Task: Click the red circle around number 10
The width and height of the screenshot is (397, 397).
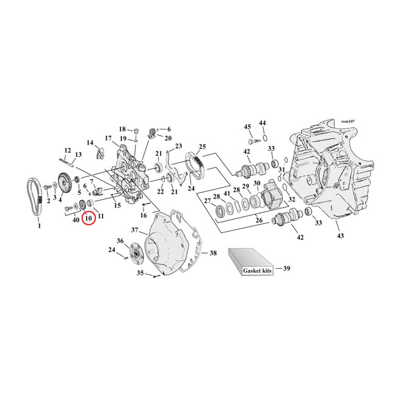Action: tap(89, 217)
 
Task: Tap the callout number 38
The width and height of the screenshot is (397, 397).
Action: tap(213, 252)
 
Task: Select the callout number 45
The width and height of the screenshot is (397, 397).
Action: tap(247, 126)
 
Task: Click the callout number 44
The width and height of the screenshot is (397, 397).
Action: tap(263, 123)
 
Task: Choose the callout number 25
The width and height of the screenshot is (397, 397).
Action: tap(202, 147)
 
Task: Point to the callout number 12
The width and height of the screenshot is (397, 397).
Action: tap(67, 150)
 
